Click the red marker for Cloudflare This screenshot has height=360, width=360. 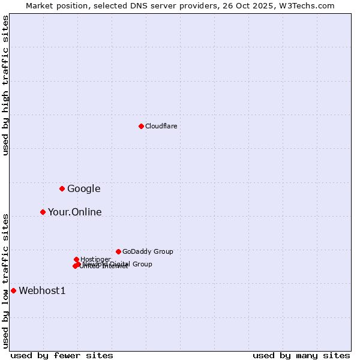[x=141, y=126]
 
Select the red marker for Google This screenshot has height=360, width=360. [x=62, y=189]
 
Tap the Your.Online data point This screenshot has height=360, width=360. [x=43, y=212]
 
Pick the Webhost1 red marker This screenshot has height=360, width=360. [x=13, y=290]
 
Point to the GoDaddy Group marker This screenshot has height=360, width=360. [x=118, y=251]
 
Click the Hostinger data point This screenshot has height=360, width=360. [x=76, y=259]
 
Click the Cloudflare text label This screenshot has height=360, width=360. [x=161, y=126]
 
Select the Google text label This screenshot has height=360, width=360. [x=83, y=189]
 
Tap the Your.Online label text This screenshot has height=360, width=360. [x=74, y=212]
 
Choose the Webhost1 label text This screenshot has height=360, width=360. [x=42, y=291]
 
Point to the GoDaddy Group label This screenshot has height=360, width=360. [x=148, y=251]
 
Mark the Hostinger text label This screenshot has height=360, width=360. [x=95, y=259]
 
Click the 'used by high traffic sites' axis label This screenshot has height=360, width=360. [x=5, y=85]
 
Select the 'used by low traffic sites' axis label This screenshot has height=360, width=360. [x=5, y=281]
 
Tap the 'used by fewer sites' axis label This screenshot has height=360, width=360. [x=62, y=355]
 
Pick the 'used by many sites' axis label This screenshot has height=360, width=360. [x=301, y=355]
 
